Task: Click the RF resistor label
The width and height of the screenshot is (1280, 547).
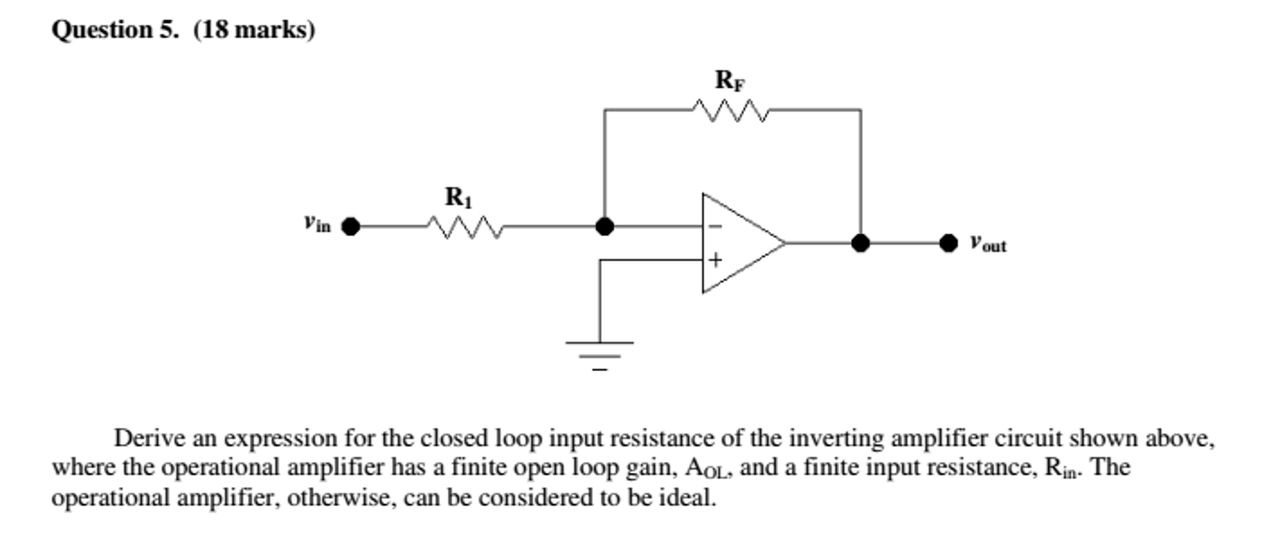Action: coord(729,81)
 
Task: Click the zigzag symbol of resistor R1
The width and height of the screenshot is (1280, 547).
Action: coord(465,226)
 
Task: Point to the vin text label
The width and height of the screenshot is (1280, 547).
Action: coord(317,223)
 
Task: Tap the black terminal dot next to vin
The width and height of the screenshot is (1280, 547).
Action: coord(350,226)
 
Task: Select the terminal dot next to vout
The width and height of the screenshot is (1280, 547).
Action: coord(948,243)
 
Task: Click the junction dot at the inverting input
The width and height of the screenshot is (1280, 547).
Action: coord(604,226)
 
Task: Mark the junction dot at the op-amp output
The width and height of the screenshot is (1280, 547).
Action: coord(860,243)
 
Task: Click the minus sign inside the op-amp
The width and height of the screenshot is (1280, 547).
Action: coord(716,226)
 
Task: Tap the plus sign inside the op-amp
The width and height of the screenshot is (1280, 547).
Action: coord(715,259)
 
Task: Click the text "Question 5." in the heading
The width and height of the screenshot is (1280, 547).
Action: coord(115,30)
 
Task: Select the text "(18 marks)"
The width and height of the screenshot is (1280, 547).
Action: coord(254,30)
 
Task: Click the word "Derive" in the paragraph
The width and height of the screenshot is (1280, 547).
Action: coord(150,438)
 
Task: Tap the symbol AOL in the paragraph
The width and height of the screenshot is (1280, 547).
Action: coord(707,468)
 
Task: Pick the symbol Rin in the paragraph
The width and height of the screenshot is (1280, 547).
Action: coord(1061,468)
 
